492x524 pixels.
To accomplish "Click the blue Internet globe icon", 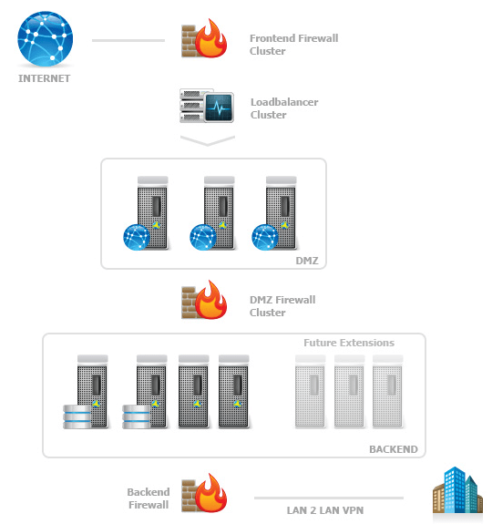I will (45, 38).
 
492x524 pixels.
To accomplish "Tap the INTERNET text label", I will (44, 78).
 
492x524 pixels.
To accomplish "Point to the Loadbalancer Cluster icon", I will (207, 107).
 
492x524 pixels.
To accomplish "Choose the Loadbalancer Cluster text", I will (284, 108).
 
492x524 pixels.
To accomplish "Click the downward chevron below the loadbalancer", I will (208, 141).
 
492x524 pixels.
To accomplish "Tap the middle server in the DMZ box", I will (216, 212).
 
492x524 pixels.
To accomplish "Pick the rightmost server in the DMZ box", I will (278, 212).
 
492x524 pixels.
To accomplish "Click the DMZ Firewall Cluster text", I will (282, 306).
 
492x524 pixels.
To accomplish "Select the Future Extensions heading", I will (348, 343).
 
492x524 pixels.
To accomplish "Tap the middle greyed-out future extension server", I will (350, 391).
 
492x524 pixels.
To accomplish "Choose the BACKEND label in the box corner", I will (393, 449).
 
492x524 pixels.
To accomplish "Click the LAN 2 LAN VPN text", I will (326, 509).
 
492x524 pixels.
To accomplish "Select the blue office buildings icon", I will (457, 492).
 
